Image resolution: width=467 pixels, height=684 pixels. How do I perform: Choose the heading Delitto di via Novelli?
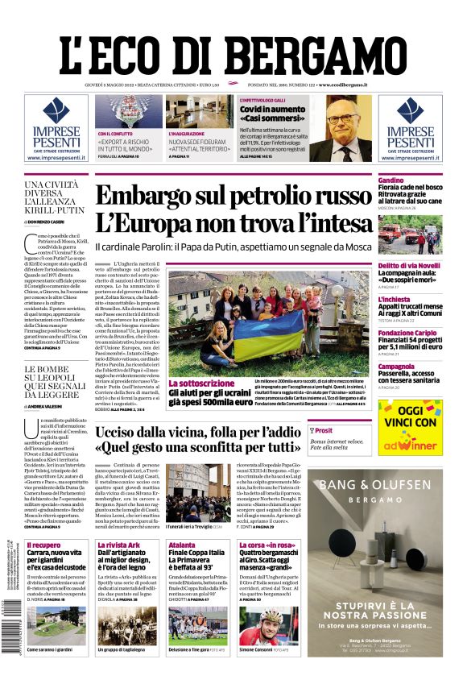tap(409, 266)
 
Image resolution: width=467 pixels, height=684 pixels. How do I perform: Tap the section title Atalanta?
tap(182, 545)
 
